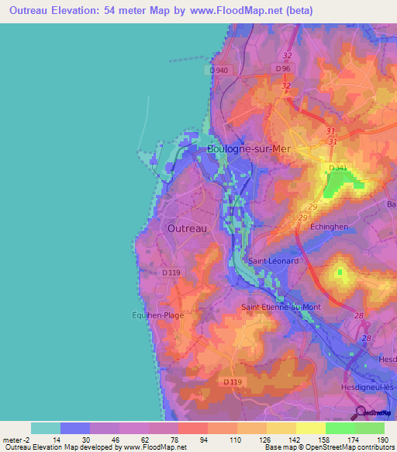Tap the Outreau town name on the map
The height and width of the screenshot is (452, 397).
click(x=187, y=228)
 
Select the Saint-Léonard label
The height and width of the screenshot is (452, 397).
click(x=272, y=262)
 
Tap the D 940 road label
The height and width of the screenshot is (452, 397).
click(x=219, y=70)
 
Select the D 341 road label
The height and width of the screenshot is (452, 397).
click(x=338, y=168)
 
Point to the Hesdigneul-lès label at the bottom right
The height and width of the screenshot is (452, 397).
click(x=368, y=387)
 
